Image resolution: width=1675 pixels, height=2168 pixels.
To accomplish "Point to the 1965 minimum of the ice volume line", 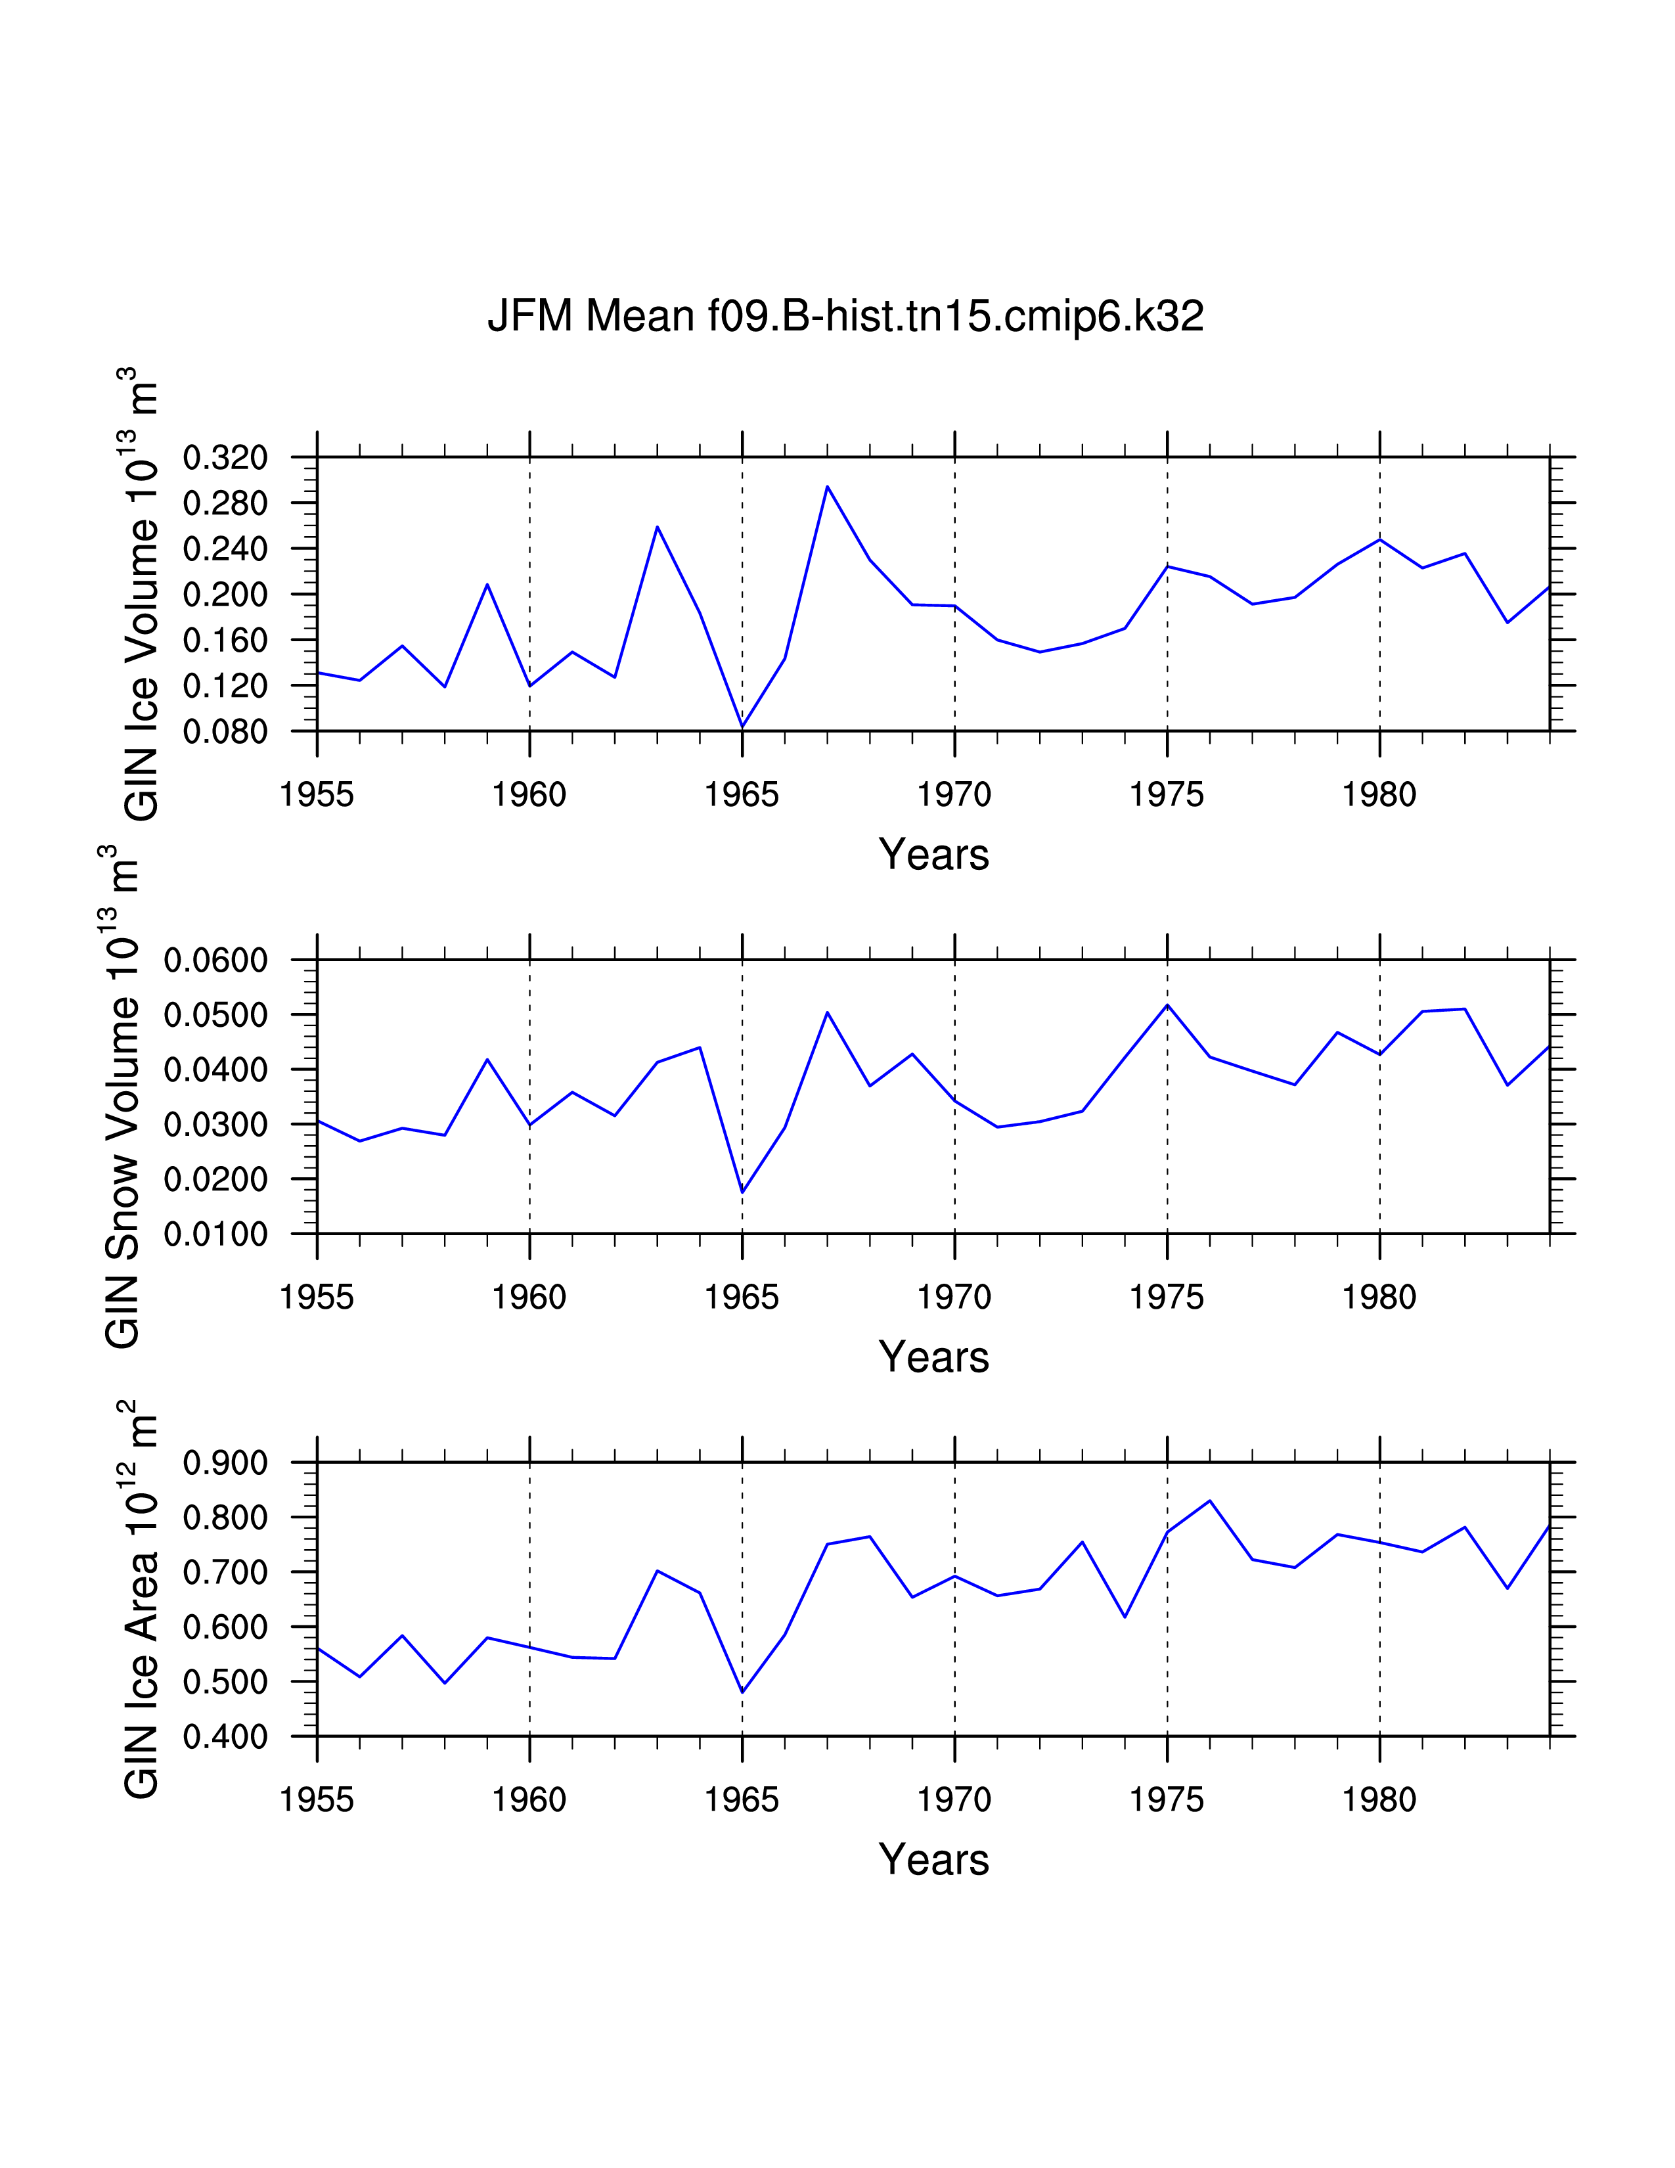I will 742,727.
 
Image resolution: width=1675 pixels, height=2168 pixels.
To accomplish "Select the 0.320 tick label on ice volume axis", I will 225,458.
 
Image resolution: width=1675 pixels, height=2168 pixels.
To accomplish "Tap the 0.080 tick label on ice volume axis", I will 225,732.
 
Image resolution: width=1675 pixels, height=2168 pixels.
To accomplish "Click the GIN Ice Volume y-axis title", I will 141,594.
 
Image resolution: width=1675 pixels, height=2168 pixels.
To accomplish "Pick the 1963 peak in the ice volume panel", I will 657,526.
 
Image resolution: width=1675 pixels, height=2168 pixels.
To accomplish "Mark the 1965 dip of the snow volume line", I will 742,1192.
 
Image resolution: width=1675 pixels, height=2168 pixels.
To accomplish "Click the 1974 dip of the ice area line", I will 1125,1617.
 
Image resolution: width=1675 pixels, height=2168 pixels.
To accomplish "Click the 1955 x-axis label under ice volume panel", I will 317,794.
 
